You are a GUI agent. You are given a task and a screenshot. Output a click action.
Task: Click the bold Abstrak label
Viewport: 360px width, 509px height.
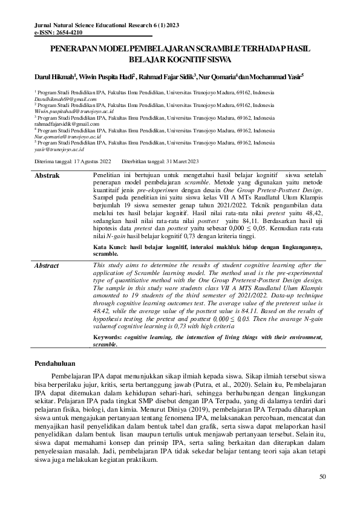(47, 175)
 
